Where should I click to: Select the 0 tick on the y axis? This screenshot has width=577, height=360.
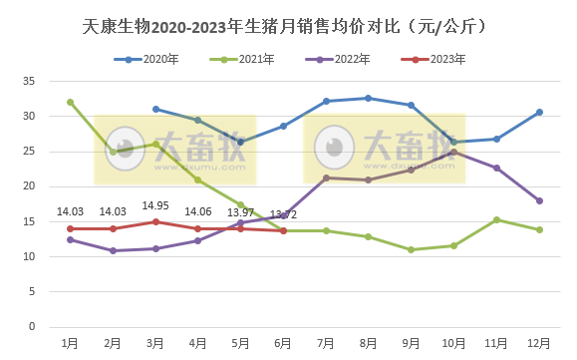pyautogui.click(x=31, y=327)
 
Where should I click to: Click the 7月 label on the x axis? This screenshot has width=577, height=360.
pyautogui.click(x=326, y=343)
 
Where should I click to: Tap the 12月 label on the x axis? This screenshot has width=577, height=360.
pyautogui.click(x=539, y=343)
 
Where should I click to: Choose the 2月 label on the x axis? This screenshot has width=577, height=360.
pyautogui.click(x=113, y=343)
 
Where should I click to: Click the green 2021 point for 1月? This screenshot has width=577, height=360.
pyautogui.click(x=70, y=102)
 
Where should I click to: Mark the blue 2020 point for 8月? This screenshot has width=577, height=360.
pyautogui.click(x=369, y=98)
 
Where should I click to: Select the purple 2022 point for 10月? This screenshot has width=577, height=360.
pyautogui.click(x=454, y=152)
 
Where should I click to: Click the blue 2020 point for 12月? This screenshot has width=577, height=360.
pyautogui.click(x=539, y=112)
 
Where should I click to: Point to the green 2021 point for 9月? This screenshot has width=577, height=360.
pyautogui.click(x=412, y=249)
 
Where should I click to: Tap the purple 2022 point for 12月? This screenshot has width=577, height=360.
pyautogui.click(x=539, y=200)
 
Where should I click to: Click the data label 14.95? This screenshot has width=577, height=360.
pyautogui.click(x=155, y=205)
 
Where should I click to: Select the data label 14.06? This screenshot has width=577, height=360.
pyautogui.click(x=198, y=211)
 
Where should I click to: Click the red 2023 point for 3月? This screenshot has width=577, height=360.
pyautogui.click(x=155, y=221)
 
